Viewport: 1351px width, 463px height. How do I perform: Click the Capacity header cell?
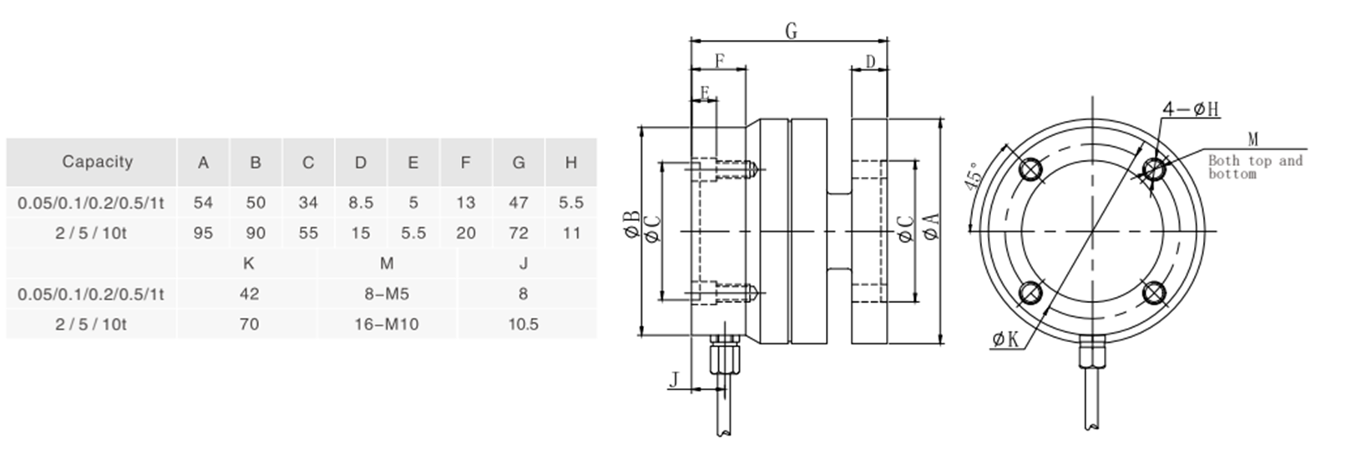coord(97,162)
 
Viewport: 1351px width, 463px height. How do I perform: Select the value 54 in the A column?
coord(203,203)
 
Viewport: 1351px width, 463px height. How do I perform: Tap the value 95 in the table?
coord(203,233)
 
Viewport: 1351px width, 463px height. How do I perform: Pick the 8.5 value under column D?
coord(360,203)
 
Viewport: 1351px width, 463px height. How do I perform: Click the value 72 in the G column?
coord(519,233)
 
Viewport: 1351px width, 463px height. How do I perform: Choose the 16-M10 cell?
coord(387,324)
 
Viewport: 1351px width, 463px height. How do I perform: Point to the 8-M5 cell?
coord(387,294)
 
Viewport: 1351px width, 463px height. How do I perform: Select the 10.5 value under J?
coord(523,324)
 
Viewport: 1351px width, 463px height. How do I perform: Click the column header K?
coord(248,264)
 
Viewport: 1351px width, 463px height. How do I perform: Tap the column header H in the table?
coord(571,162)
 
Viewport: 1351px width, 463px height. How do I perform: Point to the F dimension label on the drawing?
coord(719,62)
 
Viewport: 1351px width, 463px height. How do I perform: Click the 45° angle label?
coord(974,177)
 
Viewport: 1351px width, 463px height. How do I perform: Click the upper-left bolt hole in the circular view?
coord(1031,169)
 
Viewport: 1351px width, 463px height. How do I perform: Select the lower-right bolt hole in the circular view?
coord(1155,293)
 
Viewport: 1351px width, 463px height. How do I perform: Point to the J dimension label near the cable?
coord(674,380)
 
